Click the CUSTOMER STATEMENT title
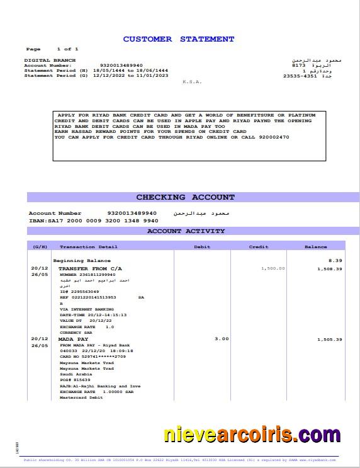tap(178, 39)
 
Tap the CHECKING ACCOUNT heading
tap(185, 197)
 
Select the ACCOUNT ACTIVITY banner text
tap(186, 231)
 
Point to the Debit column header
tap(202, 247)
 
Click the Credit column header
tap(258, 247)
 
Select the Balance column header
tap(315, 247)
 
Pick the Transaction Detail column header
tap(88, 247)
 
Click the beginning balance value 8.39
tap(335, 260)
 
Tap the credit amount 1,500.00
tap(273, 268)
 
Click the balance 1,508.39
tap(330, 269)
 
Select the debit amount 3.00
tap(221, 339)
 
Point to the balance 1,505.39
tap(330, 340)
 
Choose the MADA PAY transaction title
tap(70, 339)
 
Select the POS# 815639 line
tap(75, 380)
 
